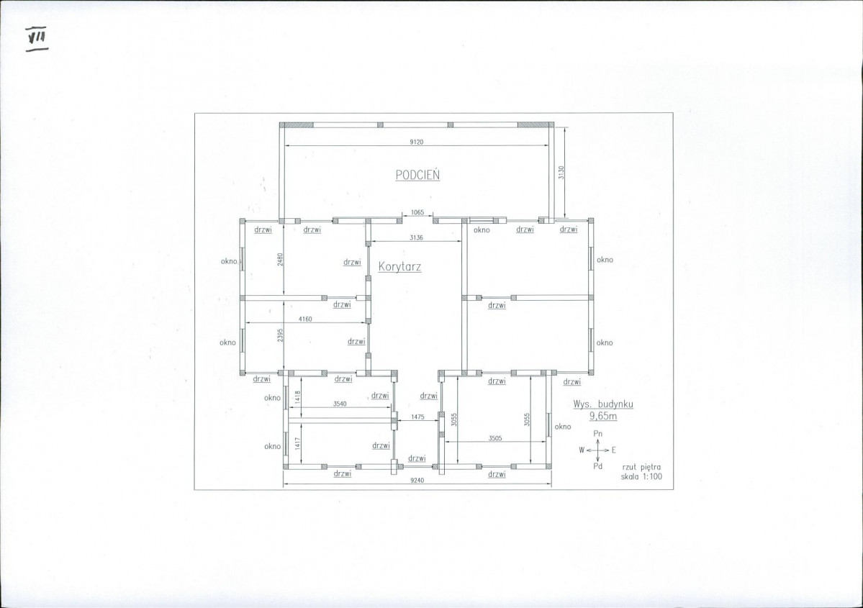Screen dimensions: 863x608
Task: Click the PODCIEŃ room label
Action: coord(417,174)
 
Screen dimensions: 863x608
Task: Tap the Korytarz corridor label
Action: coord(400,267)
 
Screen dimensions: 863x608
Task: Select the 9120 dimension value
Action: coord(417,142)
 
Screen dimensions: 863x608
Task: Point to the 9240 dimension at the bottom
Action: coord(417,481)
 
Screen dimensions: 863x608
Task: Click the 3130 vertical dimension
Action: coord(561,173)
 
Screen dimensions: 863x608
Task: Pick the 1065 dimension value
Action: coord(417,212)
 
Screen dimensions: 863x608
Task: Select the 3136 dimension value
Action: coord(416,237)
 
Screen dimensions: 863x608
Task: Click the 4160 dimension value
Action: coord(305,319)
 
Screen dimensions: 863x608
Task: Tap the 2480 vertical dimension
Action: coord(280,260)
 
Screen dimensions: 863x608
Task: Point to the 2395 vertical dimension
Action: coord(280,335)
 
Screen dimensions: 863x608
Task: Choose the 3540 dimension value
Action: coord(340,404)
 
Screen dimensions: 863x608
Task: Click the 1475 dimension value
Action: coord(417,417)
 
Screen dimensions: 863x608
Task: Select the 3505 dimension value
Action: coord(494,438)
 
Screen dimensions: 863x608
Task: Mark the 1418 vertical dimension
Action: coord(298,397)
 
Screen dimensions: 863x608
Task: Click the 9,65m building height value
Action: coord(603,417)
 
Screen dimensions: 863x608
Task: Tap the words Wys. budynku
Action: coord(603,404)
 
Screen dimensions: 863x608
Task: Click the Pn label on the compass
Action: coord(597,434)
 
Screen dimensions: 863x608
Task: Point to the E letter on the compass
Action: coord(614,450)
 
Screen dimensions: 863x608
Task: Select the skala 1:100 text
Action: coord(642,476)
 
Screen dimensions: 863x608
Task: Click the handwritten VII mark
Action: coord(37,37)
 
